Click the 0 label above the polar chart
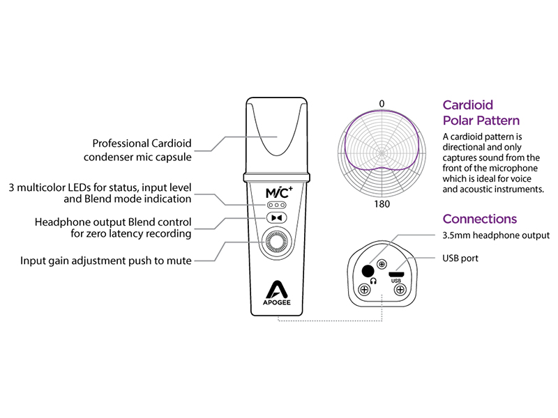click(382, 104)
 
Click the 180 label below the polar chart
click(382, 206)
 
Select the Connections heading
click(480, 219)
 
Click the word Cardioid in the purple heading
click(468, 105)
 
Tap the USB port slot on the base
click(397, 273)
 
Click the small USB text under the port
click(397, 281)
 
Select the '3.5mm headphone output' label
click(496, 236)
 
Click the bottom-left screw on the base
click(363, 289)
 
